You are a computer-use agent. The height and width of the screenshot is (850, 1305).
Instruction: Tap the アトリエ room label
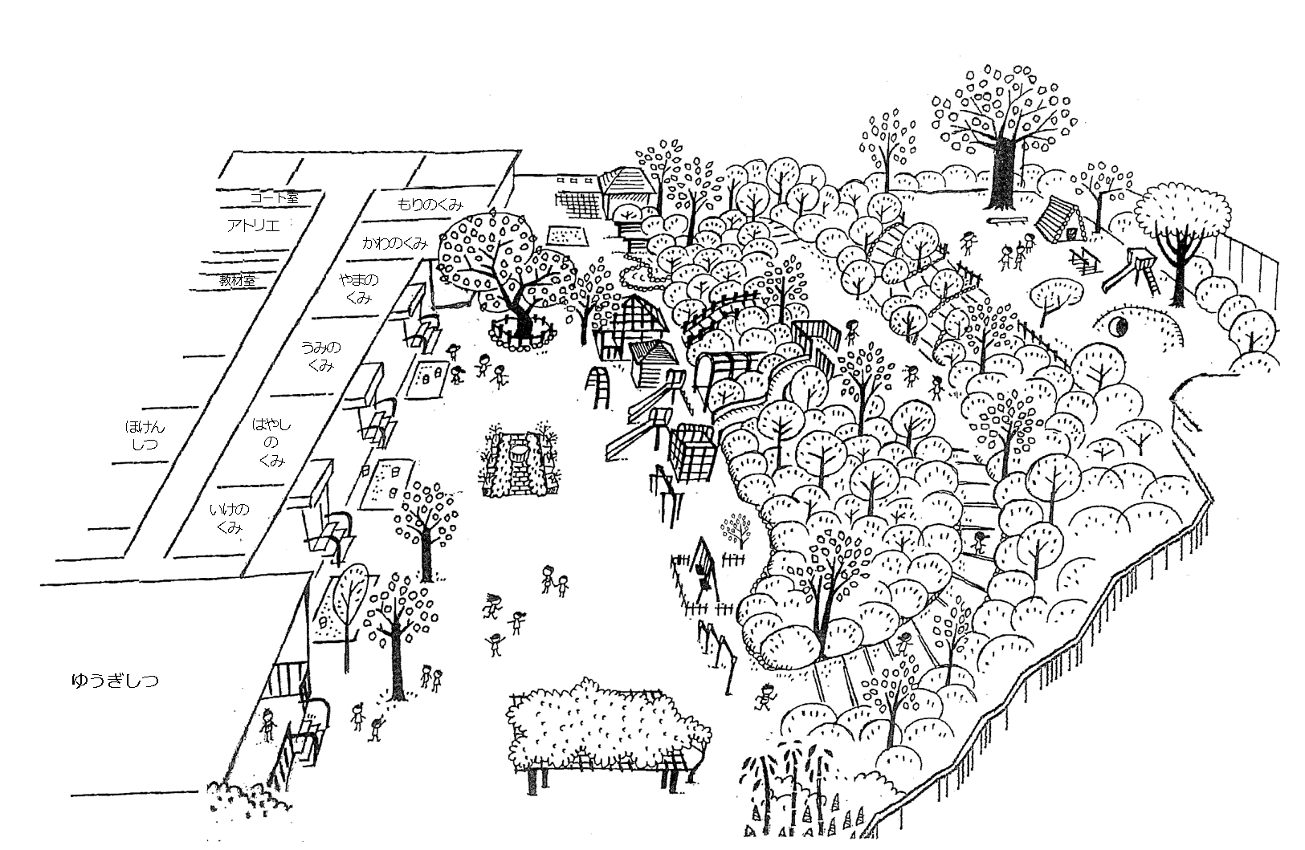pos(253,226)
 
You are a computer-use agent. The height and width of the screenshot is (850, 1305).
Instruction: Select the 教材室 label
pos(238,280)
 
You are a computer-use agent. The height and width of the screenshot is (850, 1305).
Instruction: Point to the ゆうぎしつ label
pos(114,681)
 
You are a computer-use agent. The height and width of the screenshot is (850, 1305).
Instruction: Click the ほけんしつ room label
pos(145,434)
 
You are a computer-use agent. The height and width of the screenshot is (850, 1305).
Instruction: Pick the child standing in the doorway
pos(268,726)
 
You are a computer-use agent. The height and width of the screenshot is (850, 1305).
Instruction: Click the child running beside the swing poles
pos(765,697)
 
